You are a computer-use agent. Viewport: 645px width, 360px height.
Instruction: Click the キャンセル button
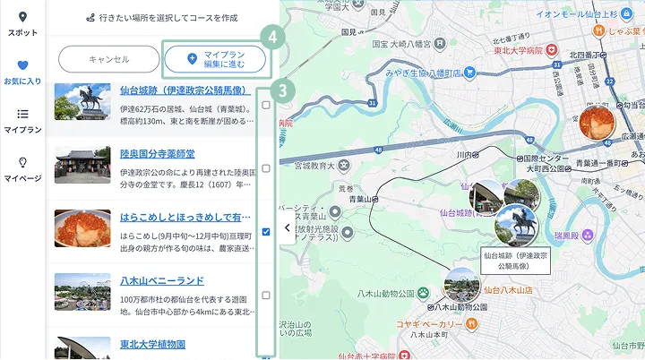pyautogui.click(x=109, y=59)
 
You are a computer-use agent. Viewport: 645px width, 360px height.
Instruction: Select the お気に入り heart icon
pyautogui.click(x=22, y=65)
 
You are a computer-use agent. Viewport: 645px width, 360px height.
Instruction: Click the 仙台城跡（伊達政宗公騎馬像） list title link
pyautogui.click(x=184, y=90)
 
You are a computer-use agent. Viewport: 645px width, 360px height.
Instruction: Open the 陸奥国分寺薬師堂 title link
pyautogui.click(x=157, y=154)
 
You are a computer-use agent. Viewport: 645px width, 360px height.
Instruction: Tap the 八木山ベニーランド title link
pyautogui.click(x=162, y=280)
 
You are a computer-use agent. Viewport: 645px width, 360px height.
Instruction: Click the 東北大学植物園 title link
pyautogui.click(x=152, y=344)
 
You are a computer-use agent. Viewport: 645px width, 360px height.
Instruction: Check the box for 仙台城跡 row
pyautogui.click(x=266, y=105)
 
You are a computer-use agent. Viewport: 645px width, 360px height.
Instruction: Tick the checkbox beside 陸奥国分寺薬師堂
pyautogui.click(x=266, y=168)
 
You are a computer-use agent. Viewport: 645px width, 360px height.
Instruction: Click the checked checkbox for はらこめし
pyautogui.click(x=266, y=232)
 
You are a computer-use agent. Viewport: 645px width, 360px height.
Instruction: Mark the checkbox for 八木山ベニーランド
pyautogui.click(x=266, y=296)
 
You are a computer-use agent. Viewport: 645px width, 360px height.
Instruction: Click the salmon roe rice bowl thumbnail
pyautogui.click(x=82, y=229)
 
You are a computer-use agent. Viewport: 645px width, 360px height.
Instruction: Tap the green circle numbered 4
pyautogui.click(x=279, y=39)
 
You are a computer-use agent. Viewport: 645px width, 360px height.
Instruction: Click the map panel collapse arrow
pyautogui.click(x=287, y=228)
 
